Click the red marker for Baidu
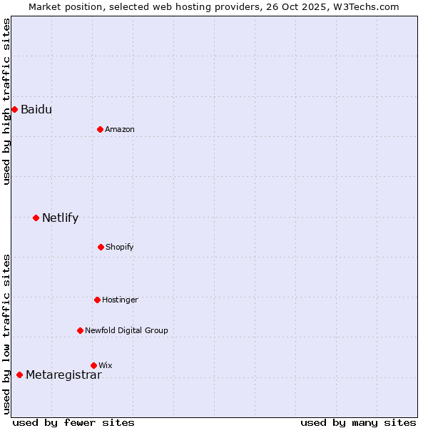[x=14, y=109]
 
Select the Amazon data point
[x=100, y=129]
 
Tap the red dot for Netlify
[x=36, y=218]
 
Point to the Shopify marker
[x=101, y=247]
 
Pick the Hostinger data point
[x=97, y=300]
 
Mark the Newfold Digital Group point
[x=80, y=330]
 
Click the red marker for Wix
[x=93, y=365]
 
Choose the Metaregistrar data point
[x=19, y=374]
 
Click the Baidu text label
[x=36, y=109]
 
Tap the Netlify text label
[x=60, y=218]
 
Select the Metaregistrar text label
[x=63, y=375]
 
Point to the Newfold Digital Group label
[x=126, y=330]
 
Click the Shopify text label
[x=119, y=247]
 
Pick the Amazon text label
[x=119, y=129]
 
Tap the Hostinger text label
[x=120, y=300]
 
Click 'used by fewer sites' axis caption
[x=73, y=422]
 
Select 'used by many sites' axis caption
[x=358, y=422]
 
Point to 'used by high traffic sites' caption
[x=6, y=101]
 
